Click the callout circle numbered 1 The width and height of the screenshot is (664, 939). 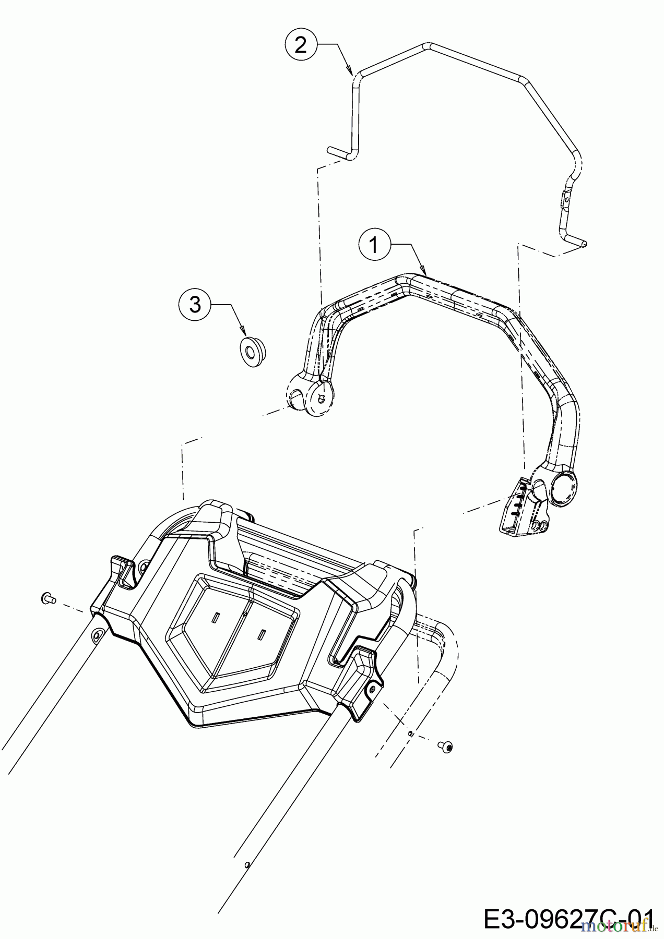374,245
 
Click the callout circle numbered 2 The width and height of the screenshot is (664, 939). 301,45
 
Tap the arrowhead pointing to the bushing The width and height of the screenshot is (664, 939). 245,331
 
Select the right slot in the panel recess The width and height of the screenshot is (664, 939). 262,634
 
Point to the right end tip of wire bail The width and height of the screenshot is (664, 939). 585,243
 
